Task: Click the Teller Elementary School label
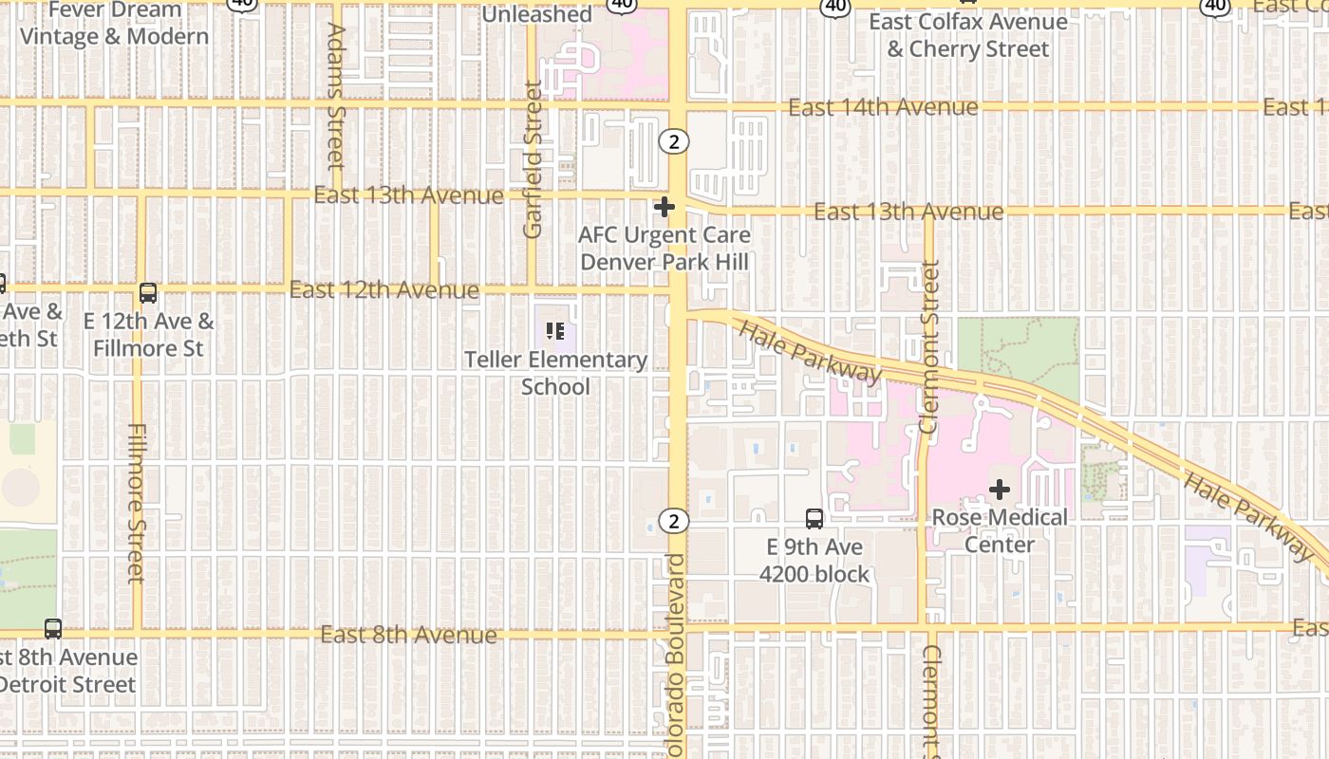555,373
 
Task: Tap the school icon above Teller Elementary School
555,331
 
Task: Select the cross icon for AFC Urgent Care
664,206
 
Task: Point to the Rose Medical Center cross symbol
1000,490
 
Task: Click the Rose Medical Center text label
1000,530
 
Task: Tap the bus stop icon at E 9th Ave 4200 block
814,519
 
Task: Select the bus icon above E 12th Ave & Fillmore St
148,293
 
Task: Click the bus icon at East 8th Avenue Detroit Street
53,628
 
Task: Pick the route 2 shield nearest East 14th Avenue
674,141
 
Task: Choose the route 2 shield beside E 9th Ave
674,521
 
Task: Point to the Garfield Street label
533,159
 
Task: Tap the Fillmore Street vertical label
136,503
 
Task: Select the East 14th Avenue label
883,107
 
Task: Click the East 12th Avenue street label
384,289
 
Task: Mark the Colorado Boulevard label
675,655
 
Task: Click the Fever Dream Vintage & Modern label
115,24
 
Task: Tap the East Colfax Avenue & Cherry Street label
968,35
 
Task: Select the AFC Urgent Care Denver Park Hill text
664,248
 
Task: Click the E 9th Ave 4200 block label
814,561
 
